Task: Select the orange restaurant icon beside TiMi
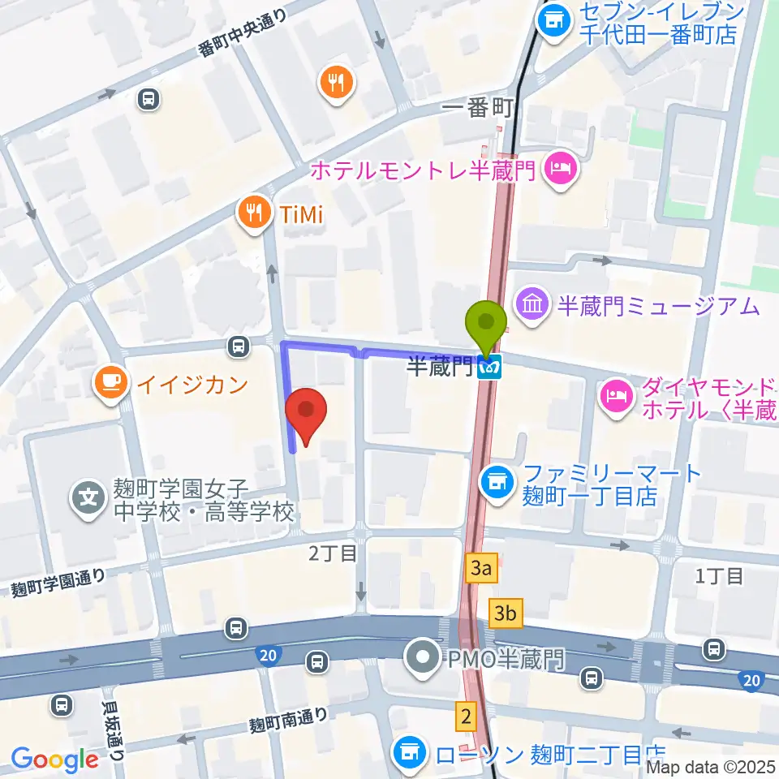tap(255, 213)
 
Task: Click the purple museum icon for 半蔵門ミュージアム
tap(534, 306)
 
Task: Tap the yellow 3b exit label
tap(506, 613)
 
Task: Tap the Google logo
tap(54, 760)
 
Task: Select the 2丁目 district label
tap(333, 554)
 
